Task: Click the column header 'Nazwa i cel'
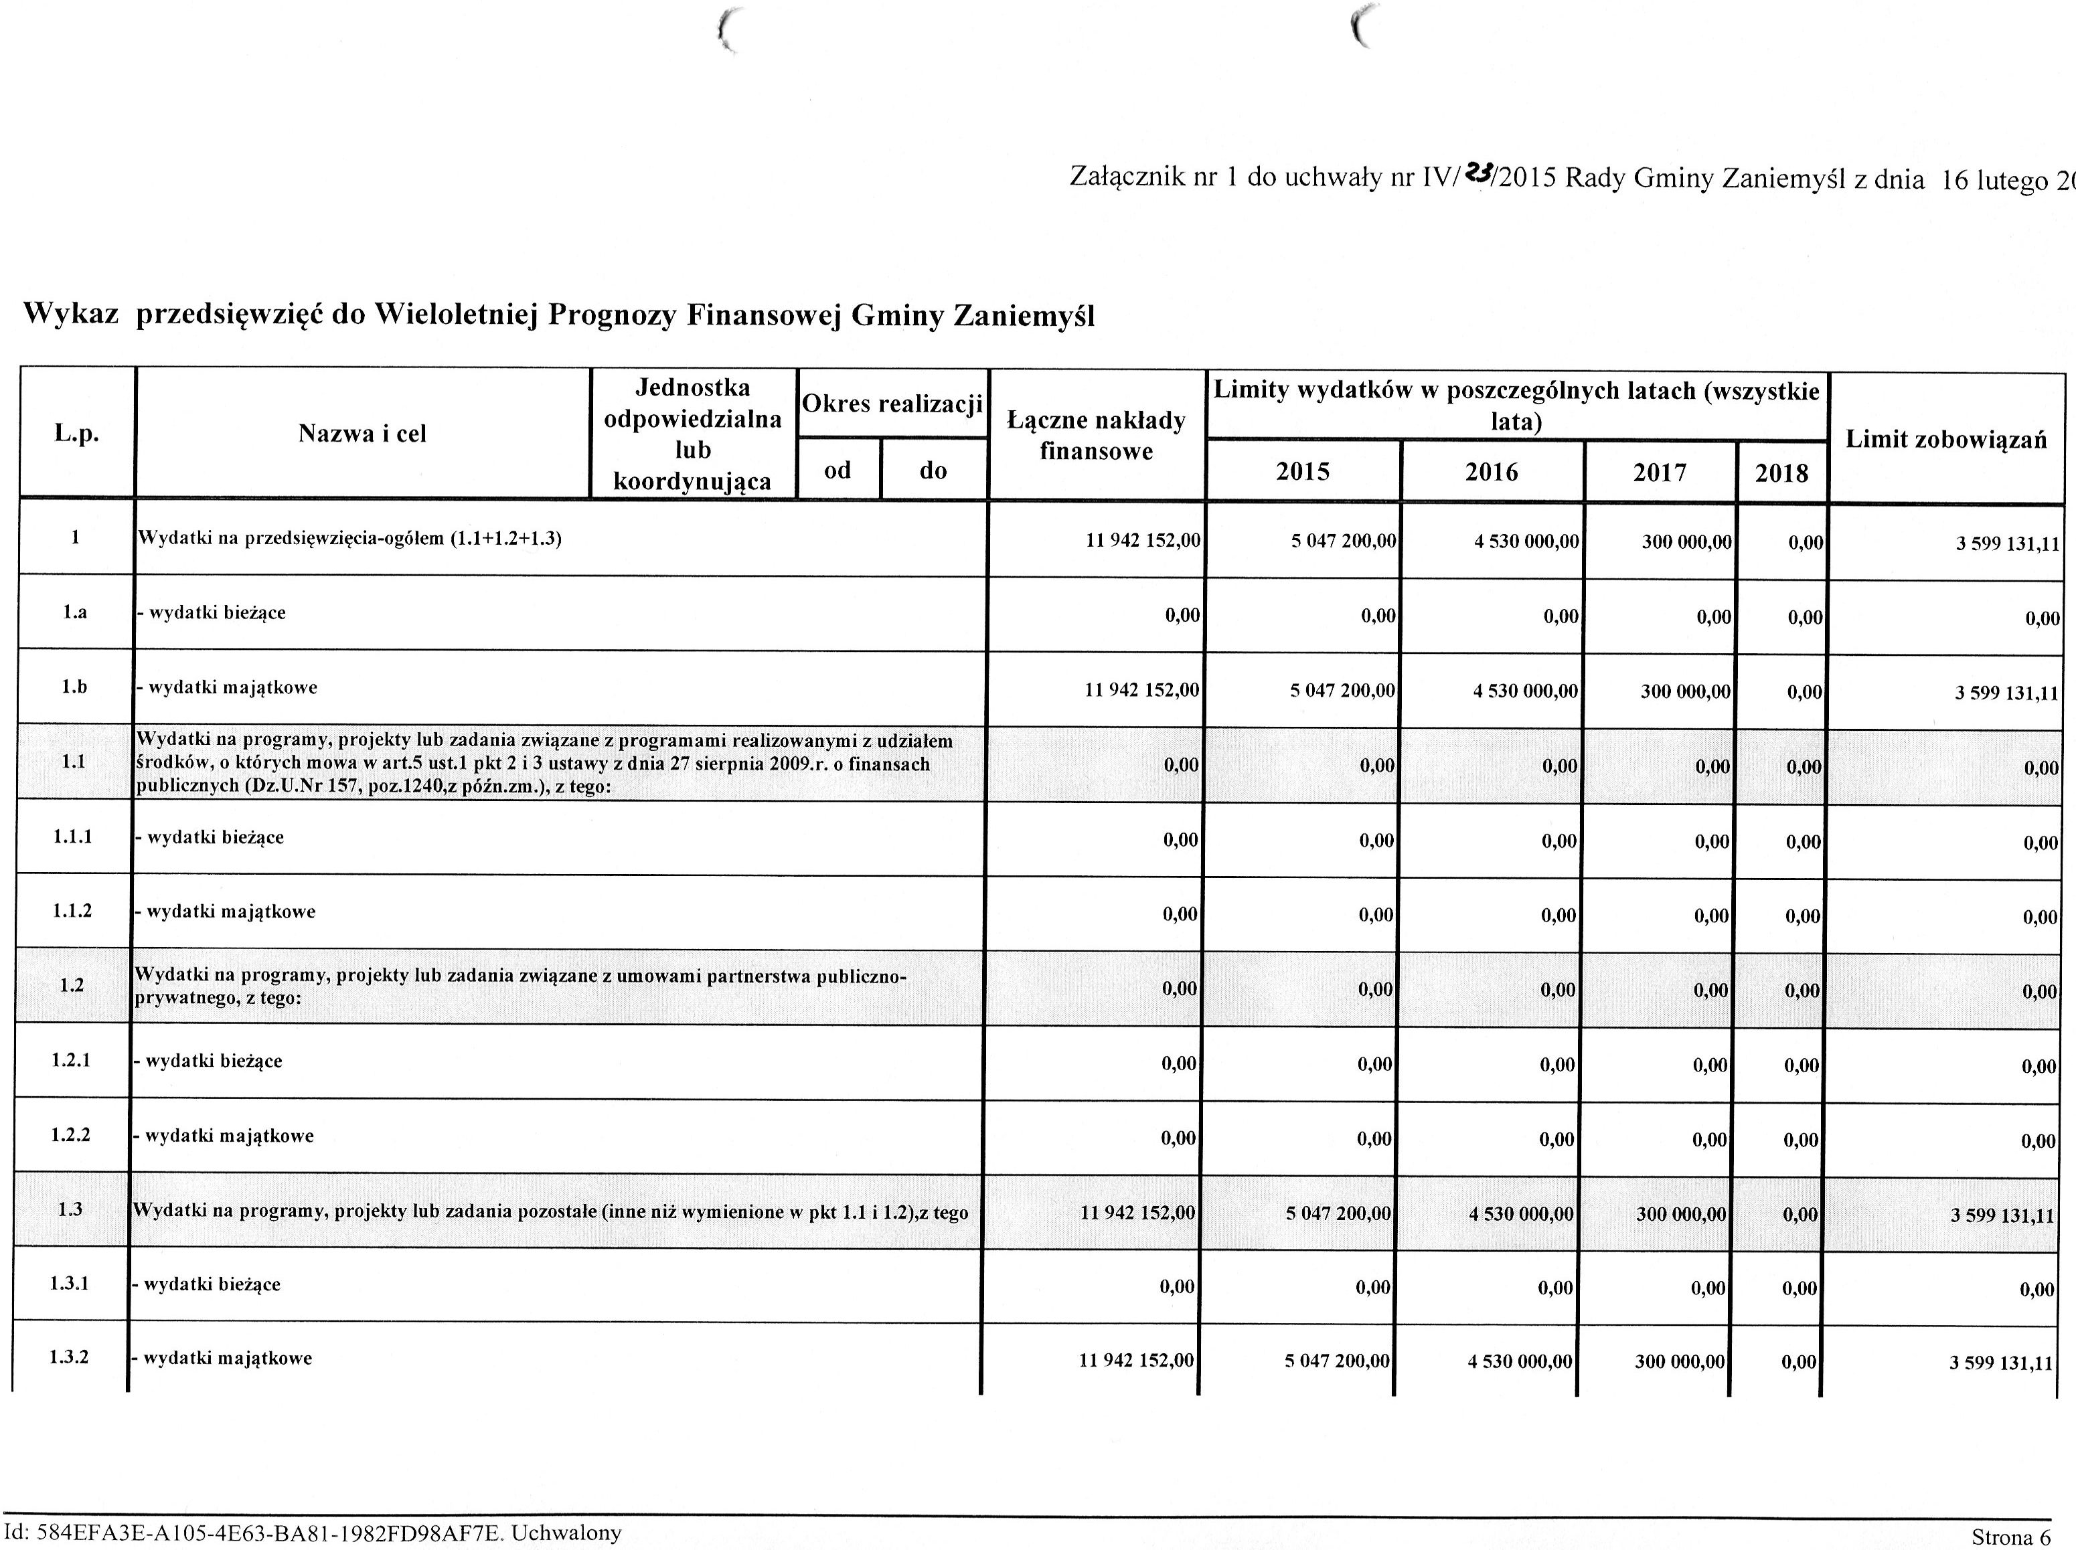(362, 434)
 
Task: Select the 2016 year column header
(1492, 471)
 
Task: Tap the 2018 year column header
(1781, 473)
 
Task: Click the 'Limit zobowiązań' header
(1945, 439)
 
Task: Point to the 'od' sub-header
(837, 469)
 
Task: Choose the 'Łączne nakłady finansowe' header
(1096, 435)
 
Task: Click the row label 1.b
(75, 687)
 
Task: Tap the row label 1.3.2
(70, 1358)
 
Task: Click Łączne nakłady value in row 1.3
(1137, 1212)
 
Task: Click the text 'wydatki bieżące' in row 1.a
(217, 612)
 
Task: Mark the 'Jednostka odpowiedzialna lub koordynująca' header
(693, 434)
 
